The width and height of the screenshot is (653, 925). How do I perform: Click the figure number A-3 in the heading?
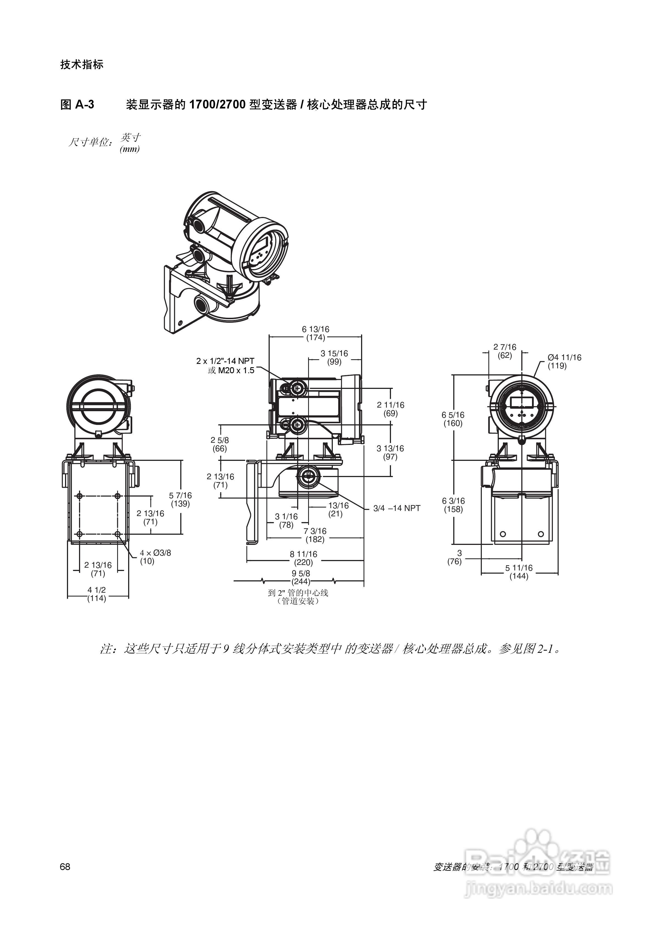click(x=84, y=105)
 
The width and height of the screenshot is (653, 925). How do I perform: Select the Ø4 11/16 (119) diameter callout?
click(x=564, y=361)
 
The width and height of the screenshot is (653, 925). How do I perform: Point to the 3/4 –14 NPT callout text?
click(x=396, y=508)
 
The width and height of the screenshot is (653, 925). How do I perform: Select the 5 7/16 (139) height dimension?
click(x=180, y=500)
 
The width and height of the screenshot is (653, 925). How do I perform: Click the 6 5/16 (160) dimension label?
click(x=453, y=419)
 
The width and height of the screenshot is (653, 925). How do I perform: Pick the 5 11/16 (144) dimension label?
click(x=519, y=572)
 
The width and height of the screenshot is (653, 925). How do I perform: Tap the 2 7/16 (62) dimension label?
click(x=505, y=351)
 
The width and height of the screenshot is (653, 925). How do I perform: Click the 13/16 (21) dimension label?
click(x=338, y=510)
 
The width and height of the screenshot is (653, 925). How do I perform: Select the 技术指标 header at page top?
click(x=82, y=65)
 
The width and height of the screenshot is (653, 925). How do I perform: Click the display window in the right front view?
click(x=522, y=402)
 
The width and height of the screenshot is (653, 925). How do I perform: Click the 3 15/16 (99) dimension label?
click(x=334, y=357)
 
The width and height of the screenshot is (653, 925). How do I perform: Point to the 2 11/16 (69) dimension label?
click(x=390, y=409)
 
